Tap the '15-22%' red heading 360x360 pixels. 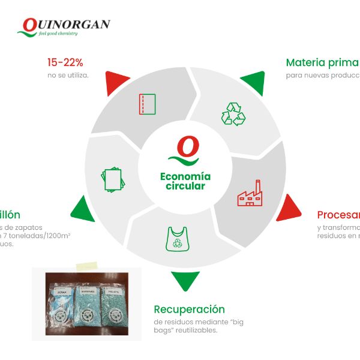(65, 62)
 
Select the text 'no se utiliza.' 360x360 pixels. (68, 76)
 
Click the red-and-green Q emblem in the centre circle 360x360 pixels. (187, 151)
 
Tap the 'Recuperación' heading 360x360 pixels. (189, 310)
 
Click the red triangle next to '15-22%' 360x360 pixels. (118, 83)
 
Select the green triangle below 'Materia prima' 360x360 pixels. (253, 83)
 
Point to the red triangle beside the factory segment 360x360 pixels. (287, 207)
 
